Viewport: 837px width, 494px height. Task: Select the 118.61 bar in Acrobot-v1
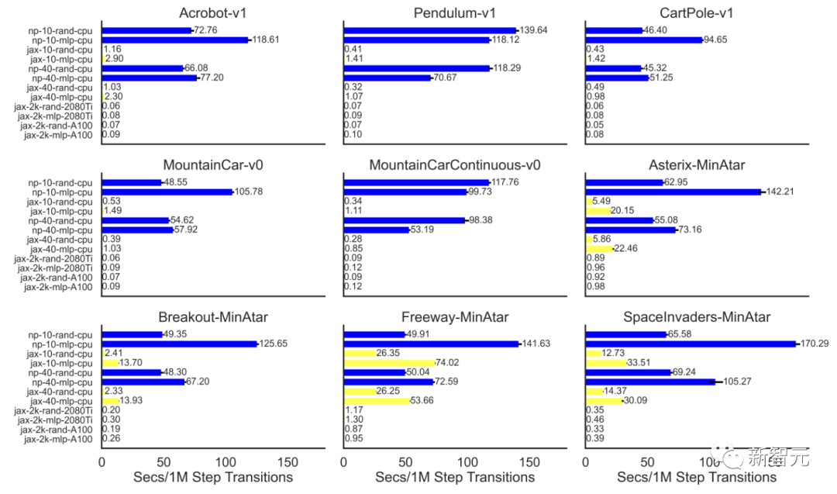click(174, 40)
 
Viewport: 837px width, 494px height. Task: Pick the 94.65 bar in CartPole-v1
click(643, 40)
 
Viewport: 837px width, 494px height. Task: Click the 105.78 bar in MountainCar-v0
click(167, 192)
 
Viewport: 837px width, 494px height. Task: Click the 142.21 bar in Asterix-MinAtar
click(673, 192)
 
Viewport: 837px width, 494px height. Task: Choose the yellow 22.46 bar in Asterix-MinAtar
click(599, 249)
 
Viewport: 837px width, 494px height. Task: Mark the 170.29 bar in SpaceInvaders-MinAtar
click(690, 344)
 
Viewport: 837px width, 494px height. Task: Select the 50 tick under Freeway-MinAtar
click(405, 461)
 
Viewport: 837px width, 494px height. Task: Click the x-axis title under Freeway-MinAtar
click(455, 478)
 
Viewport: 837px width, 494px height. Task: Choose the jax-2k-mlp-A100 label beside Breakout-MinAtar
click(58, 439)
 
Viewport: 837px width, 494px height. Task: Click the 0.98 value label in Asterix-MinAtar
click(596, 287)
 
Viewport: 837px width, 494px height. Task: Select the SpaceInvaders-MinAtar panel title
click(697, 316)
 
